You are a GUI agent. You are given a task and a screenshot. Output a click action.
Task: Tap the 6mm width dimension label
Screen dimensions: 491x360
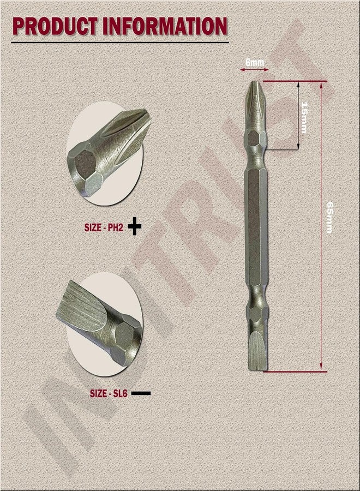pos(254,63)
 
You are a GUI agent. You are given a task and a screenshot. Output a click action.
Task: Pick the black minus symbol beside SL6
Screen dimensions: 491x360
pos(141,392)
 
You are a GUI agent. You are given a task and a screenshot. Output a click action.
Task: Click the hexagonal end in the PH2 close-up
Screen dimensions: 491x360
pos(86,163)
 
